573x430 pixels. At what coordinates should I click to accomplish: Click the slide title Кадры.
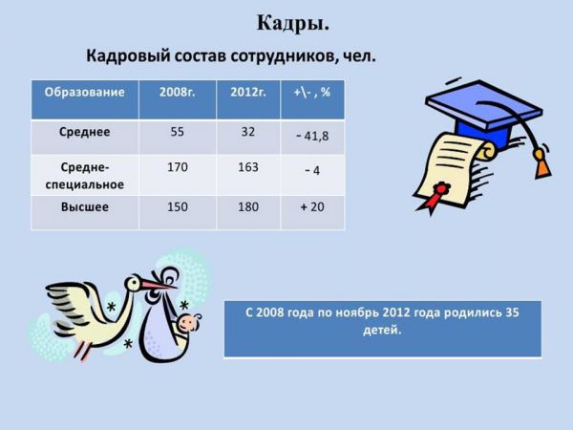pyautogui.click(x=293, y=24)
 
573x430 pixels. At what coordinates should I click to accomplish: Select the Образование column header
pyautogui.click(x=84, y=92)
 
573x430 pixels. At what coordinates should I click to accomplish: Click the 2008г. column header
pyautogui.click(x=178, y=92)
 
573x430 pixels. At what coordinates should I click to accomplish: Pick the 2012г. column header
pyautogui.click(x=248, y=92)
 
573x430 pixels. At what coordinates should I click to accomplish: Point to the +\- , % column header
pyautogui.click(x=312, y=92)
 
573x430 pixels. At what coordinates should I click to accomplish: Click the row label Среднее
pyautogui.click(x=84, y=132)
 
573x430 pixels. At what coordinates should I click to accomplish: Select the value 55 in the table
pyautogui.click(x=178, y=132)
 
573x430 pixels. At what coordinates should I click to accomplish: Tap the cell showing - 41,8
pyautogui.click(x=312, y=136)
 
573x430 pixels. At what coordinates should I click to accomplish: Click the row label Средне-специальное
pyautogui.click(x=84, y=176)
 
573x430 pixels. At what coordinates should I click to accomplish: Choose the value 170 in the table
pyautogui.click(x=178, y=167)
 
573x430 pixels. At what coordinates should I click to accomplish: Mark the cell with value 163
pyautogui.click(x=248, y=167)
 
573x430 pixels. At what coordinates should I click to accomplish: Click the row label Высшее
pyautogui.click(x=84, y=207)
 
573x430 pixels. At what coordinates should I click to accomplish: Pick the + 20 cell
pyautogui.click(x=312, y=207)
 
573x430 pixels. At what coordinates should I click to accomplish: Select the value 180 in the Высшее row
pyautogui.click(x=248, y=207)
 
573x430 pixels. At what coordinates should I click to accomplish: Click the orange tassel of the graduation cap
pyautogui.click(x=542, y=164)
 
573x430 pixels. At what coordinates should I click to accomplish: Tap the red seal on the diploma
pyautogui.click(x=440, y=189)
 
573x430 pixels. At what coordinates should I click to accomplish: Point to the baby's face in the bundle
pyautogui.click(x=188, y=323)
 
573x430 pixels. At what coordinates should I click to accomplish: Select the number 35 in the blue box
pyautogui.click(x=512, y=312)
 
